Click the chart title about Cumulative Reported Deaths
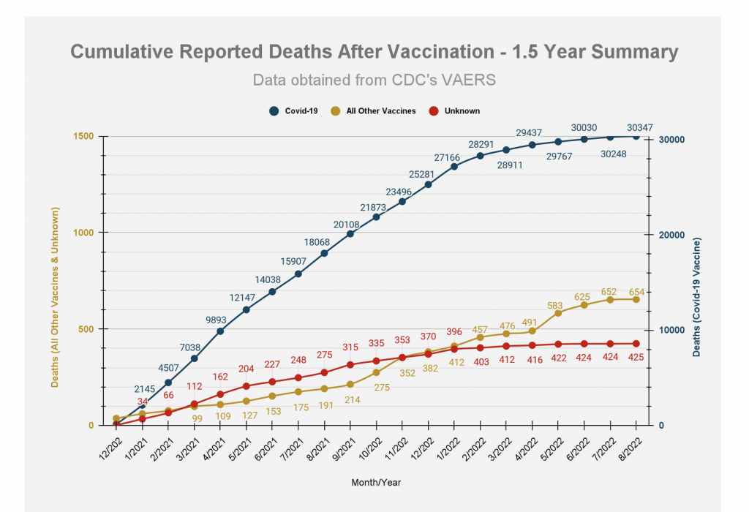point(374,53)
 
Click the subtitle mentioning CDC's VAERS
point(374,80)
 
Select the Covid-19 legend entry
point(293,111)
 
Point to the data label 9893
point(220,319)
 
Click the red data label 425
point(636,358)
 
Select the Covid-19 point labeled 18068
point(324,253)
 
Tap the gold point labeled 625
point(584,305)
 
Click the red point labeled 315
point(350,365)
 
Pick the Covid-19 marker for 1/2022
point(454,167)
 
